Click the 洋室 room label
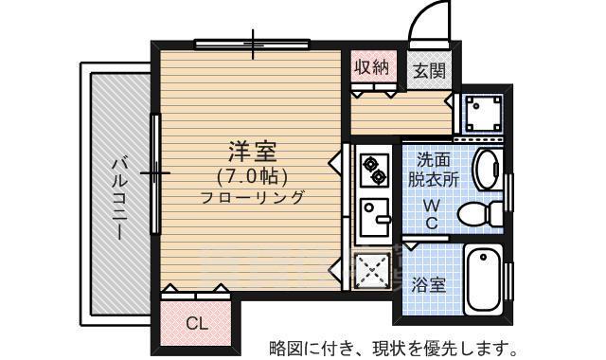coord(252,152)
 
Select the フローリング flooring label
coord(252,197)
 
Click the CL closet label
coord(195,323)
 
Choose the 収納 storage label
coord(371,67)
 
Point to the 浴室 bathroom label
coord(430,283)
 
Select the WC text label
coord(431,214)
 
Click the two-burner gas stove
coord(373,169)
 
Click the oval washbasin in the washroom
coord(485,170)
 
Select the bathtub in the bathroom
coord(485,280)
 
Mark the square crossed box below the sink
coord(373,271)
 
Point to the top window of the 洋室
coord(254,43)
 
